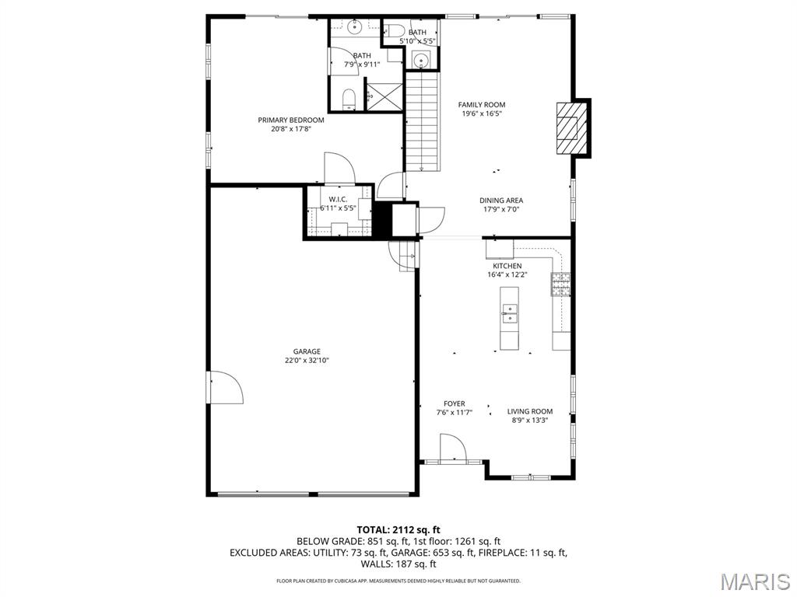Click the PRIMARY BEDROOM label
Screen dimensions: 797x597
291,120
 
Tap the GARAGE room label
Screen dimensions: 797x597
307,351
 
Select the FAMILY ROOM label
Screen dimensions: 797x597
482,105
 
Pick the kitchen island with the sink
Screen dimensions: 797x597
509,318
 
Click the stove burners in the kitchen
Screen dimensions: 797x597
560,284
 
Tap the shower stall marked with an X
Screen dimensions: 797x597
384,95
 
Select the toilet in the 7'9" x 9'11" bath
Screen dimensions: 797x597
349,99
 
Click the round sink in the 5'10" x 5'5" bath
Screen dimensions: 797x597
421,61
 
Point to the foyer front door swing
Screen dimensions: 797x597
453,448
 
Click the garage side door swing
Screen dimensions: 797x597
226,387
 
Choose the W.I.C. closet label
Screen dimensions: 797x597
338,200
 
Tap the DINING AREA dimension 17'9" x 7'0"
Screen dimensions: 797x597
500,209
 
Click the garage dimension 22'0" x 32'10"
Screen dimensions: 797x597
307,361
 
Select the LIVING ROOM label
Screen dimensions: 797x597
529,411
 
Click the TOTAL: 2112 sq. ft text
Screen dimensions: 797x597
398,530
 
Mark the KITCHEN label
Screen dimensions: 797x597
507,266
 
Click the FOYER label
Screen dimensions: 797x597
454,403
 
